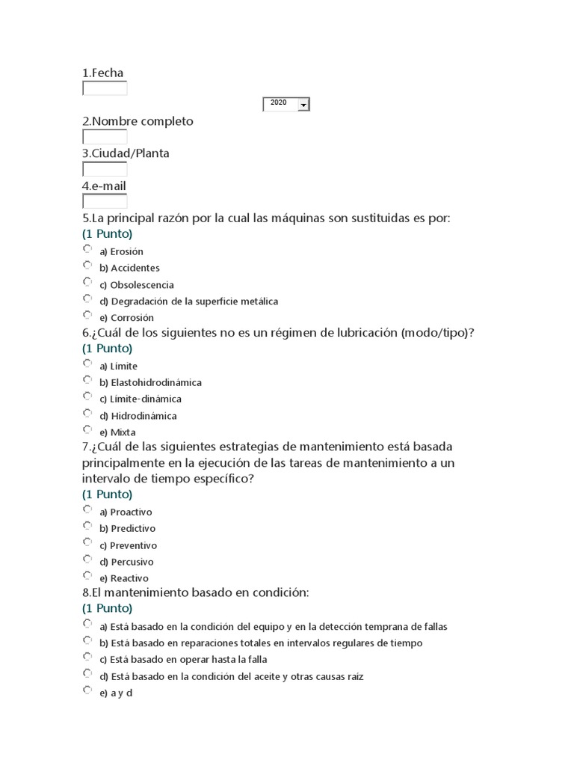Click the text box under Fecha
[x=105, y=89]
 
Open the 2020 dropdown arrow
[x=303, y=105]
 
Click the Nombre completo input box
[x=105, y=137]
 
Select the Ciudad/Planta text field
[x=105, y=169]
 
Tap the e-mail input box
[x=105, y=201]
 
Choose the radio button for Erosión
[x=87, y=248]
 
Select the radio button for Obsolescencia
[x=87, y=282]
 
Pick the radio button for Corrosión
[x=87, y=315]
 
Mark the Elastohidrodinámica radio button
[x=87, y=379]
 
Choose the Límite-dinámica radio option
[x=87, y=396]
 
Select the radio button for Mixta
[x=87, y=429]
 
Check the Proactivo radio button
[x=87, y=509]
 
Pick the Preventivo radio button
[x=87, y=542]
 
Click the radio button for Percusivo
[x=87, y=559]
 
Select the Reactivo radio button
[x=87, y=575]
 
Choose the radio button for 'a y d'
[x=87, y=690]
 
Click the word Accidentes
[x=135, y=268]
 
